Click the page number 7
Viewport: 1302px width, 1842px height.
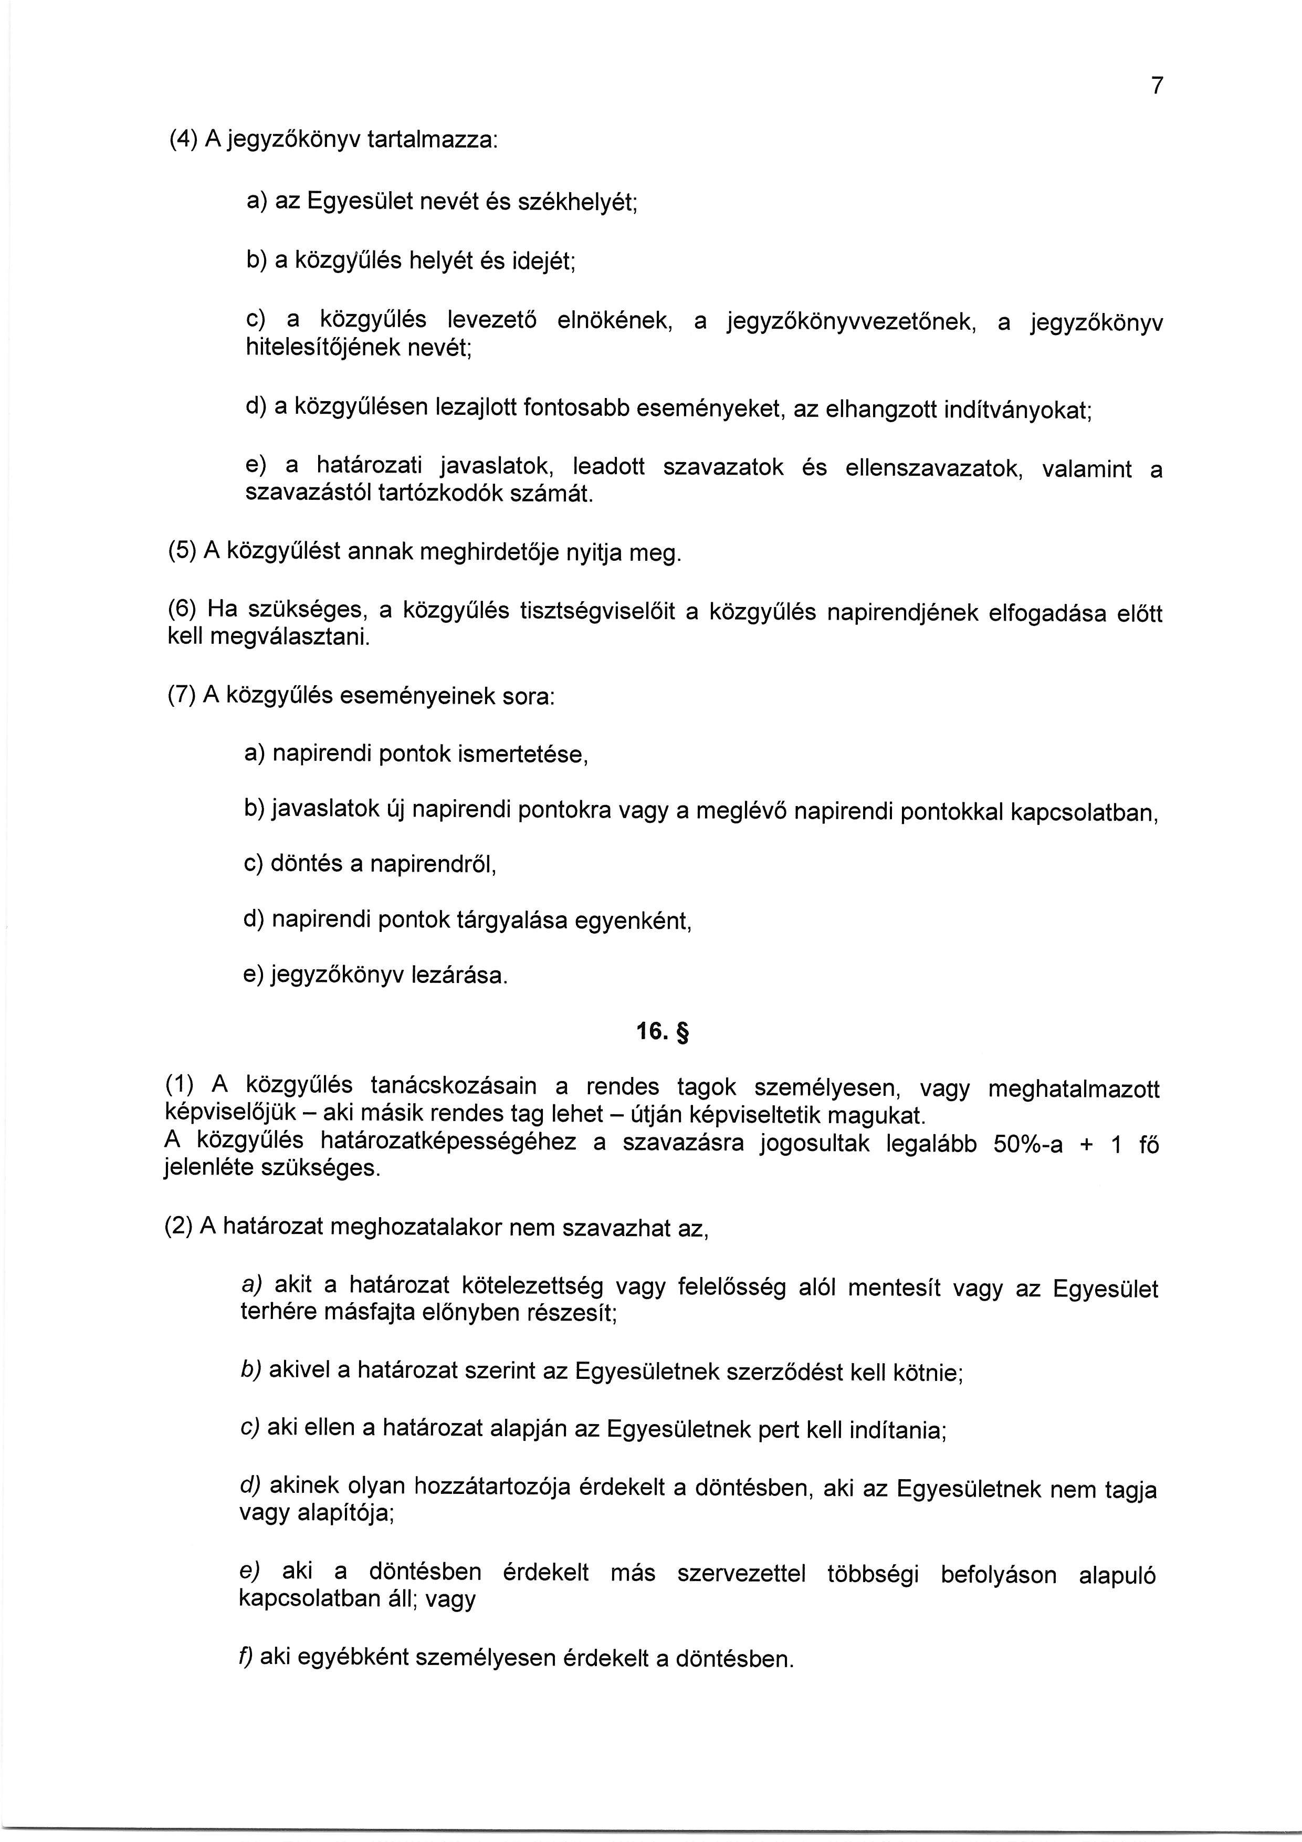click(x=1156, y=86)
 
